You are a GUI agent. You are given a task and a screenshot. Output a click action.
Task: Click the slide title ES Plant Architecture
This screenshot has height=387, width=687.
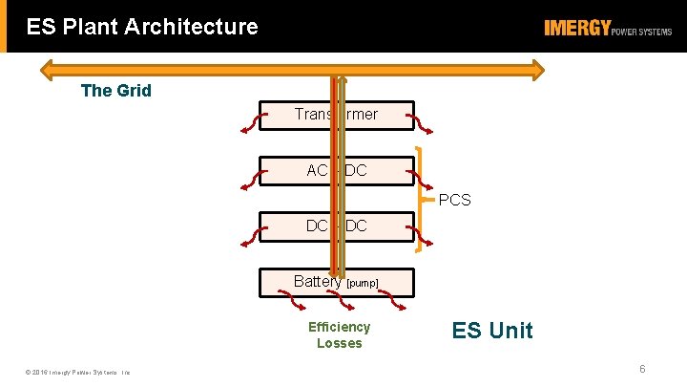(x=142, y=27)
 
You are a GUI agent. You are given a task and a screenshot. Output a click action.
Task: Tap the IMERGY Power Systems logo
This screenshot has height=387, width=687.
(x=608, y=29)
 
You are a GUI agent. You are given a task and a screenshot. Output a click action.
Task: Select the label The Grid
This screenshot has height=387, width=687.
(x=116, y=91)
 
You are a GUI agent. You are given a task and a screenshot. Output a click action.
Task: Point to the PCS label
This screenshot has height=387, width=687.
(x=454, y=200)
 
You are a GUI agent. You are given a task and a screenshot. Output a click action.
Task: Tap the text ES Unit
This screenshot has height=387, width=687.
(x=492, y=331)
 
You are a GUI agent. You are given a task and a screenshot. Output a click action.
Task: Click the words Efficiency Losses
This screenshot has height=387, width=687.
(x=339, y=334)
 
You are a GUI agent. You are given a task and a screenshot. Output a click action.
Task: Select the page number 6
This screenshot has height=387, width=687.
(x=642, y=369)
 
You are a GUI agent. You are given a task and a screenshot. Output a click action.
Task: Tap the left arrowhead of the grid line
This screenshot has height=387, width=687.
(x=46, y=69)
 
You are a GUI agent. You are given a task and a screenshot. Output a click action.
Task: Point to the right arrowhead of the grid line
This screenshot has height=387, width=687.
(x=539, y=69)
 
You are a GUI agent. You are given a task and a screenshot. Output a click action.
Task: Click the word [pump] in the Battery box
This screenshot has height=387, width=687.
(x=363, y=284)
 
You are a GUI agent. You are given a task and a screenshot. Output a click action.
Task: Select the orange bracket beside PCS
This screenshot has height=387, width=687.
(x=421, y=200)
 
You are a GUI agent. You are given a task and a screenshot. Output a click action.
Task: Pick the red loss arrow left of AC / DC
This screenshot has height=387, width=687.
(x=250, y=177)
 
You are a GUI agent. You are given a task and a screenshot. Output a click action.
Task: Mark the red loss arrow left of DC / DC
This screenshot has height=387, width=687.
(x=250, y=232)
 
